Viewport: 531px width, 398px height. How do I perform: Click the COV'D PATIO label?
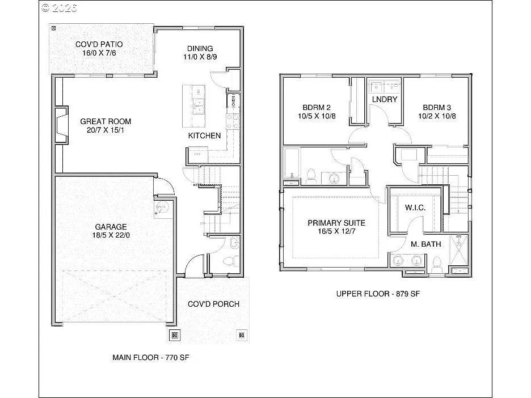coord(99,44)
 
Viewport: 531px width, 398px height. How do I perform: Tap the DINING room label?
coord(200,48)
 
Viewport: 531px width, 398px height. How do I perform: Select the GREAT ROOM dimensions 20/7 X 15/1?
coord(106,130)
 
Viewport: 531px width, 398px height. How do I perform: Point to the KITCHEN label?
coord(204,136)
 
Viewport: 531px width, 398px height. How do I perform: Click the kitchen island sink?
coord(198,105)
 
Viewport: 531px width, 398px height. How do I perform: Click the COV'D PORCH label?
coord(213,304)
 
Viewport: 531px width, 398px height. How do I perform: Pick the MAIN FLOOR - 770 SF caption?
coord(142,358)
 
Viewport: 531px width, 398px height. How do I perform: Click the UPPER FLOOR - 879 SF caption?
coord(377,294)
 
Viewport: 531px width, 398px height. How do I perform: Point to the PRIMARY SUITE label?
coord(336,223)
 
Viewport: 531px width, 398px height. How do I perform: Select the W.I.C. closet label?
coord(415,208)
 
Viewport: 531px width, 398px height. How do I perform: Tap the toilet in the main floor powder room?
coord(229,261)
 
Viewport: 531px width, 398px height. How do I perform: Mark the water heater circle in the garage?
coord(161,208)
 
